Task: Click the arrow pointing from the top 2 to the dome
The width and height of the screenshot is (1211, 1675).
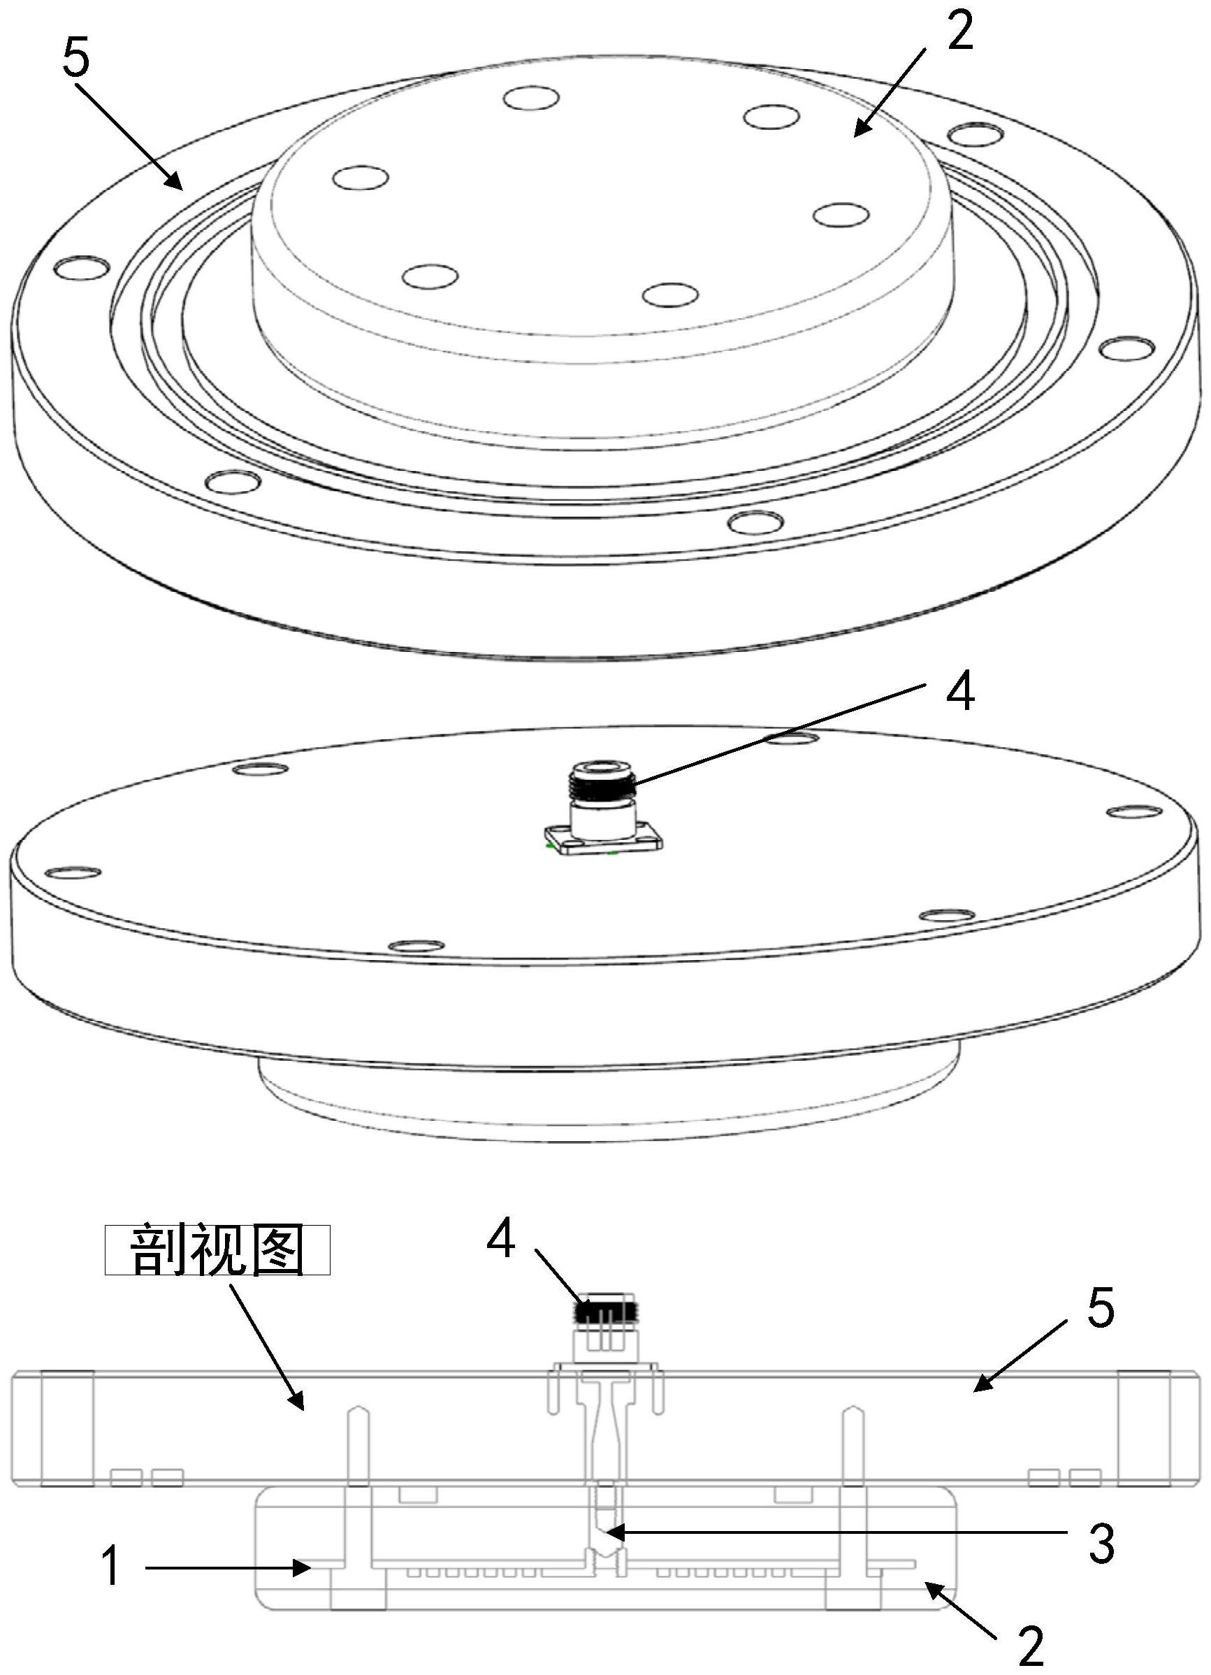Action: [x=890, y=92]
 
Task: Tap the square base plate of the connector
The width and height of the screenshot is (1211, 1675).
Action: [x=600, y=841]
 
